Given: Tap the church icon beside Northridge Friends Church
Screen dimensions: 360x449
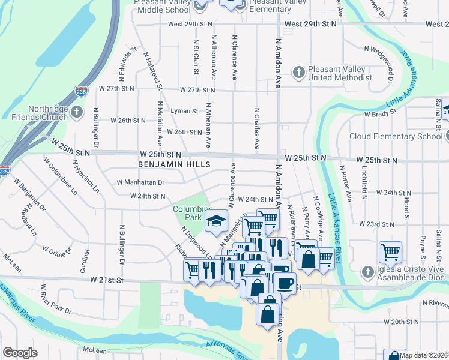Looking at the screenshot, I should (x=76, y=112).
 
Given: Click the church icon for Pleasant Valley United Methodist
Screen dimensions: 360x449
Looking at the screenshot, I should (x=298, y=73).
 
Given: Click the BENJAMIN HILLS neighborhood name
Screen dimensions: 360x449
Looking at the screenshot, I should (x=174, y=164).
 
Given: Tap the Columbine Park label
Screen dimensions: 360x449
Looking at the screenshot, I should (x=190, y=212).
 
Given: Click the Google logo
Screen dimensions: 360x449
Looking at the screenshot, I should (x=20, y=352).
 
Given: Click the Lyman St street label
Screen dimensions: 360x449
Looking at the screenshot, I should (x=184, y=111).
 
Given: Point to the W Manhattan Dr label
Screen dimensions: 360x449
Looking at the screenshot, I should (x=140, y=182).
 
